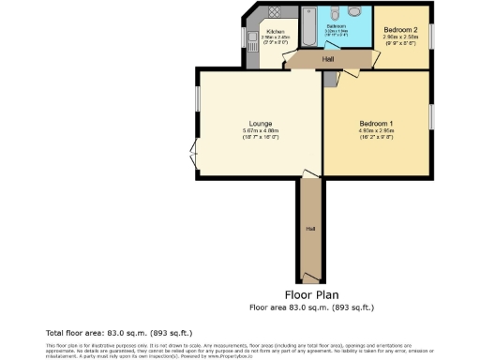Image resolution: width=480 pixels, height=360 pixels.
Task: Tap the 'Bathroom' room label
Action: [x=337, y=25]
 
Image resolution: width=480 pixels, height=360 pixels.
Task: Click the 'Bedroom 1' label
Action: [x=376, y=123]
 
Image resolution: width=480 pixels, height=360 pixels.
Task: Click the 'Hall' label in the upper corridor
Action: [x=327, y=59]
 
